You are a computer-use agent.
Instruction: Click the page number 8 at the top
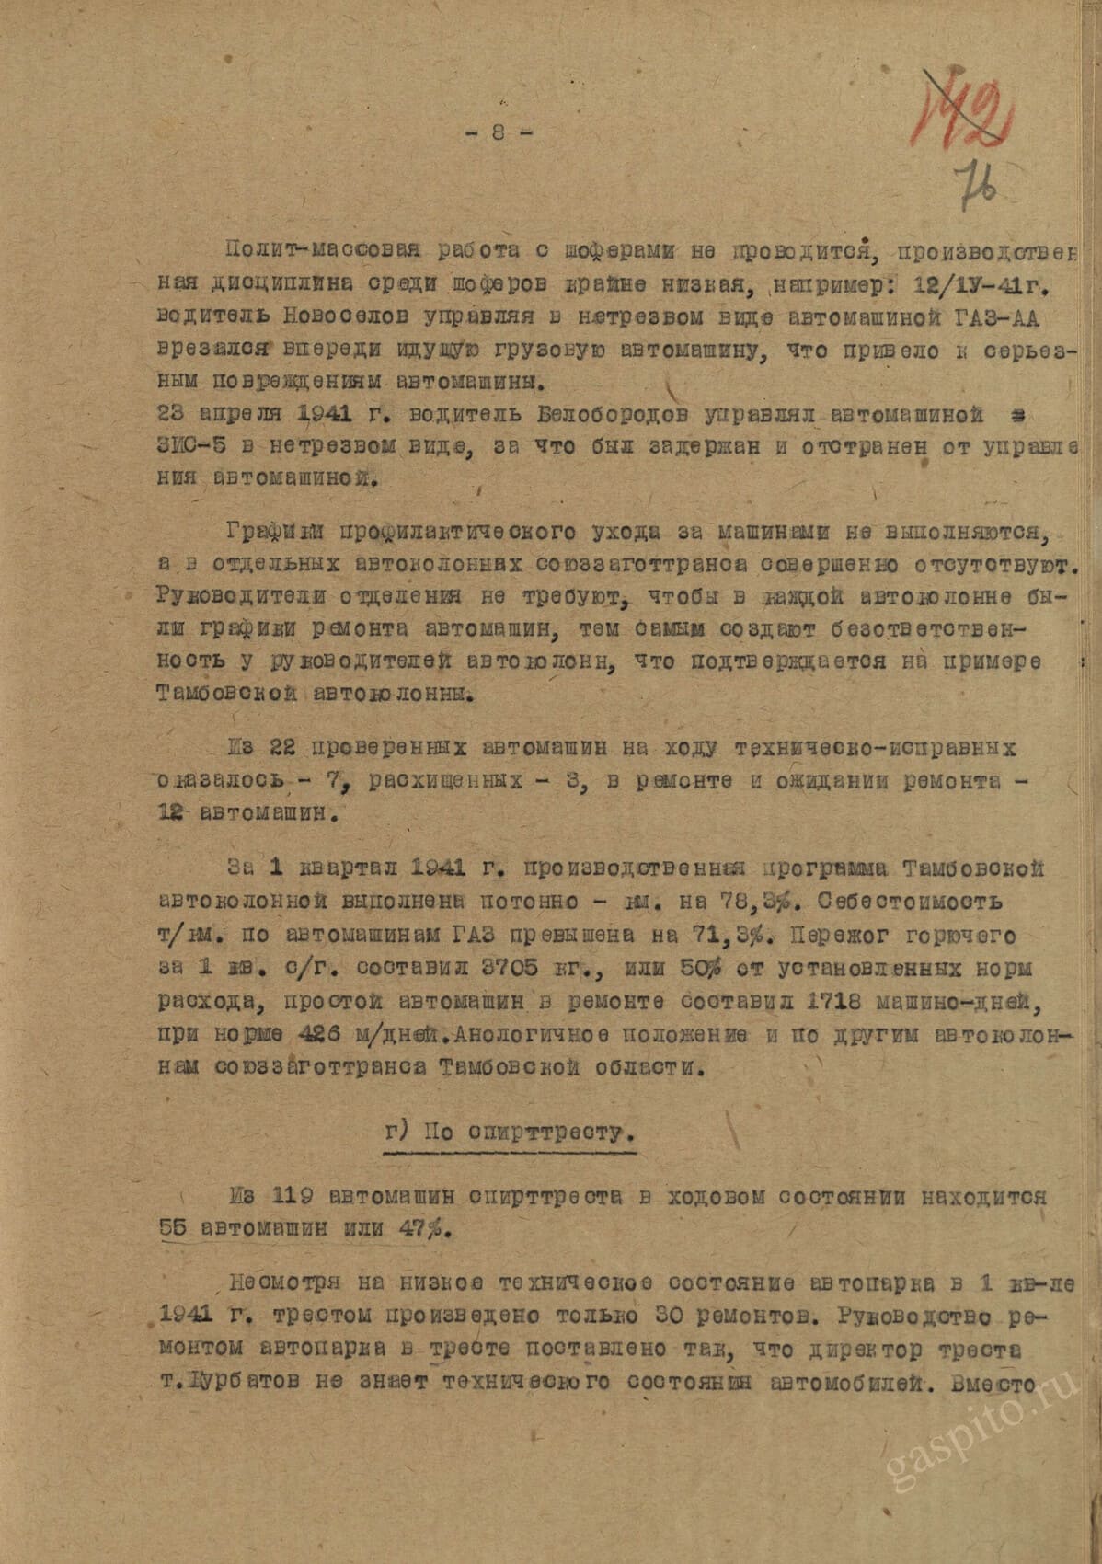click(x=498, y=132)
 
